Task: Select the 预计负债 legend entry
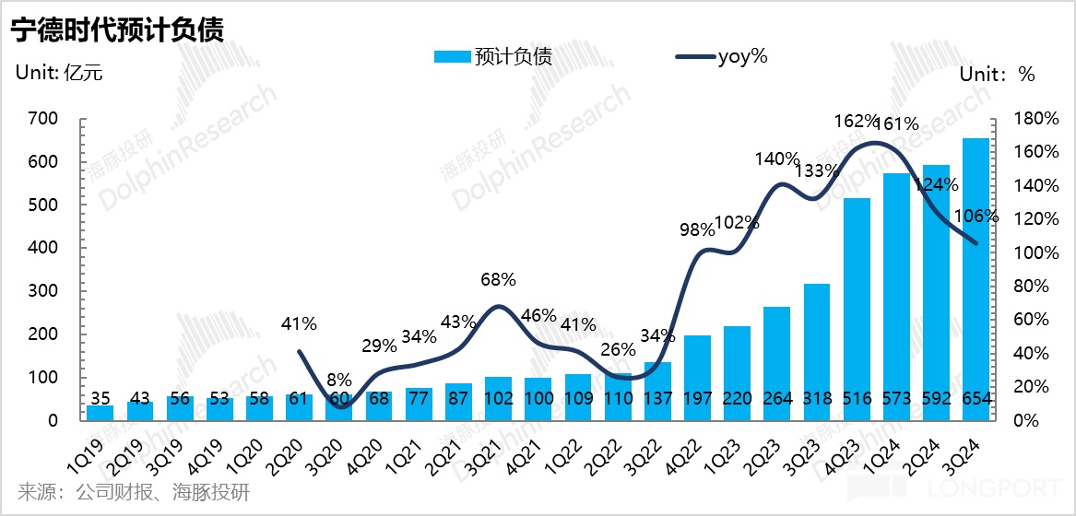[492, 56]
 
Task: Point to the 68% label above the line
[499, 279]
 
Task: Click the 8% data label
[340, 378]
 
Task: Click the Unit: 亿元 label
[59, 74]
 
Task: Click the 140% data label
[776, 158]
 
